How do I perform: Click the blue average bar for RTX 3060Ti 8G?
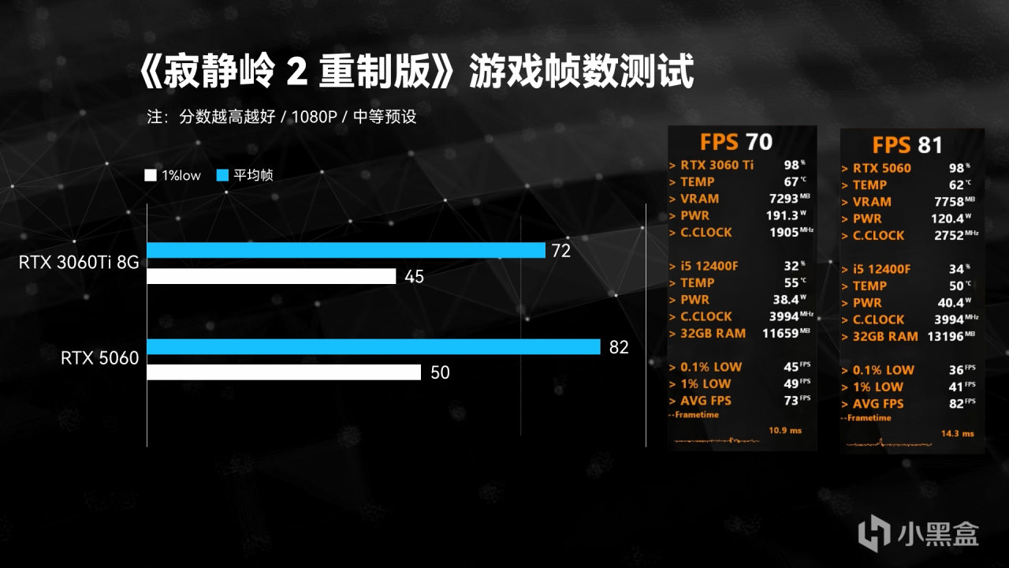[x=345, y=250]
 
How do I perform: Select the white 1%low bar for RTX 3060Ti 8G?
[x=271, y=276]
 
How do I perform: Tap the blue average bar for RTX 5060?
[x=373, y=346]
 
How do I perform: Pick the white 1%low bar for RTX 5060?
[x=284, y=372]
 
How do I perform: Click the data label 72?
[x=560, y=251]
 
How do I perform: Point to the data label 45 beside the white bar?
[x=415, y=277]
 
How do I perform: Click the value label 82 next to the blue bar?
[x=619, y=347]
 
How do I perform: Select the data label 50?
[x=440, y=373]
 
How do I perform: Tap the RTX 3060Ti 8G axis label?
[x=79, y=263]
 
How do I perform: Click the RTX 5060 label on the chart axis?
[x=100, y=359]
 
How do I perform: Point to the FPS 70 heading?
[x=735, y=142]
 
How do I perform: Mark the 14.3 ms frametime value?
[x=957, y=433]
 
